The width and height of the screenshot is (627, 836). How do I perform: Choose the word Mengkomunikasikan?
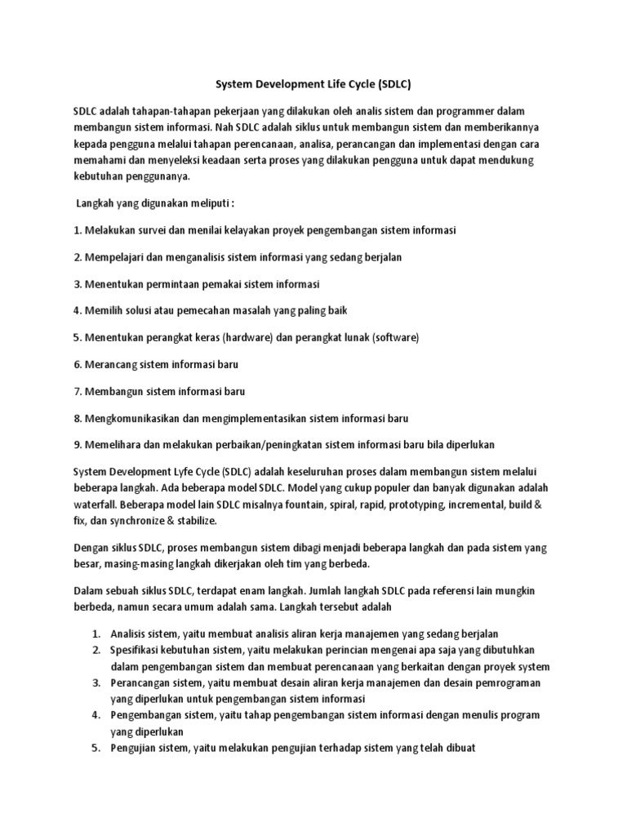tap(130, 418)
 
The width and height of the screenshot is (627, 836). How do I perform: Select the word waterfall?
tap(95, 505)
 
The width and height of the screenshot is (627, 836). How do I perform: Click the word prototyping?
tap(417, 505)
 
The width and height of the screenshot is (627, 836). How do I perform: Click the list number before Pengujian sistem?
tap(95, 748)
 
